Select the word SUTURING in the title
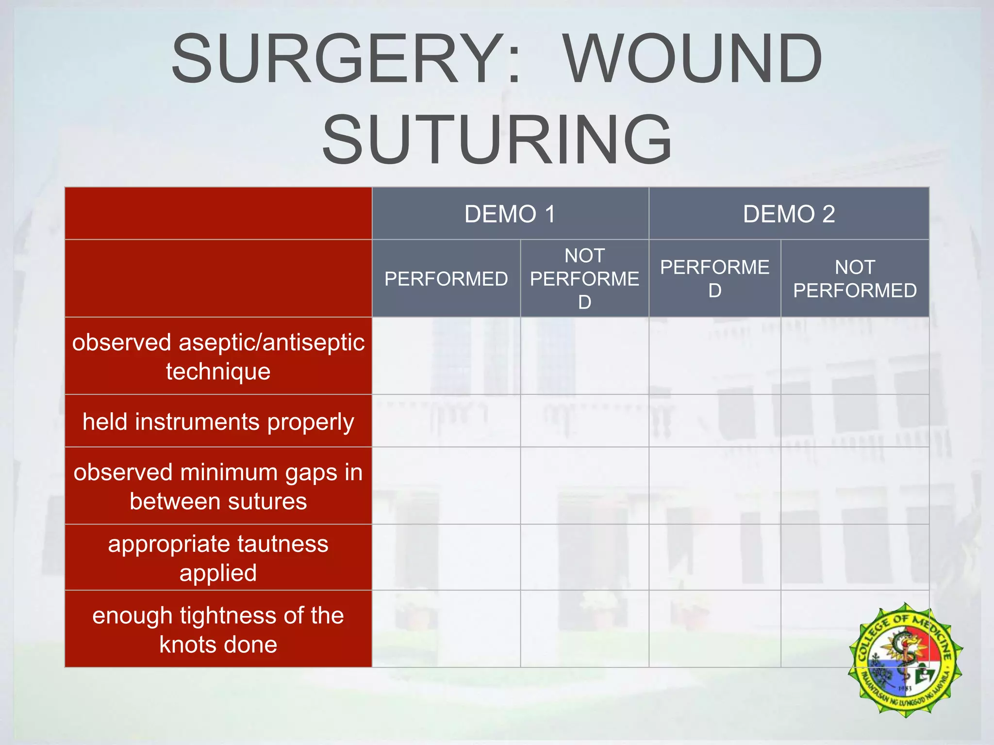pos(497,140)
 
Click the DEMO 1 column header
pos(510,214)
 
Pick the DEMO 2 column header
pos(789,214)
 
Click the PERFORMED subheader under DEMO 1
pos(446,279)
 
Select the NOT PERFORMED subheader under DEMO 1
pos(584,279)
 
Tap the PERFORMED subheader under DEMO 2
pos(714,279)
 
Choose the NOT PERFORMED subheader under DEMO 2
pos(855,279)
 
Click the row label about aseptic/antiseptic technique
pos(218,356)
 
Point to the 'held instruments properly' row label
pos(218,421)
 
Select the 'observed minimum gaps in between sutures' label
pos(218,486)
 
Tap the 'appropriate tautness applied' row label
pos(218,558)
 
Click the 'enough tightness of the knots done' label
pos(218,630)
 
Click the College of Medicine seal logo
pos(905,660)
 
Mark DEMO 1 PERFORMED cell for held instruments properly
pos(446,421)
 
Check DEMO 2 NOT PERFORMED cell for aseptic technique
pos(855,356)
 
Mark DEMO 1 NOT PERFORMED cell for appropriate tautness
pos(584,557)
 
